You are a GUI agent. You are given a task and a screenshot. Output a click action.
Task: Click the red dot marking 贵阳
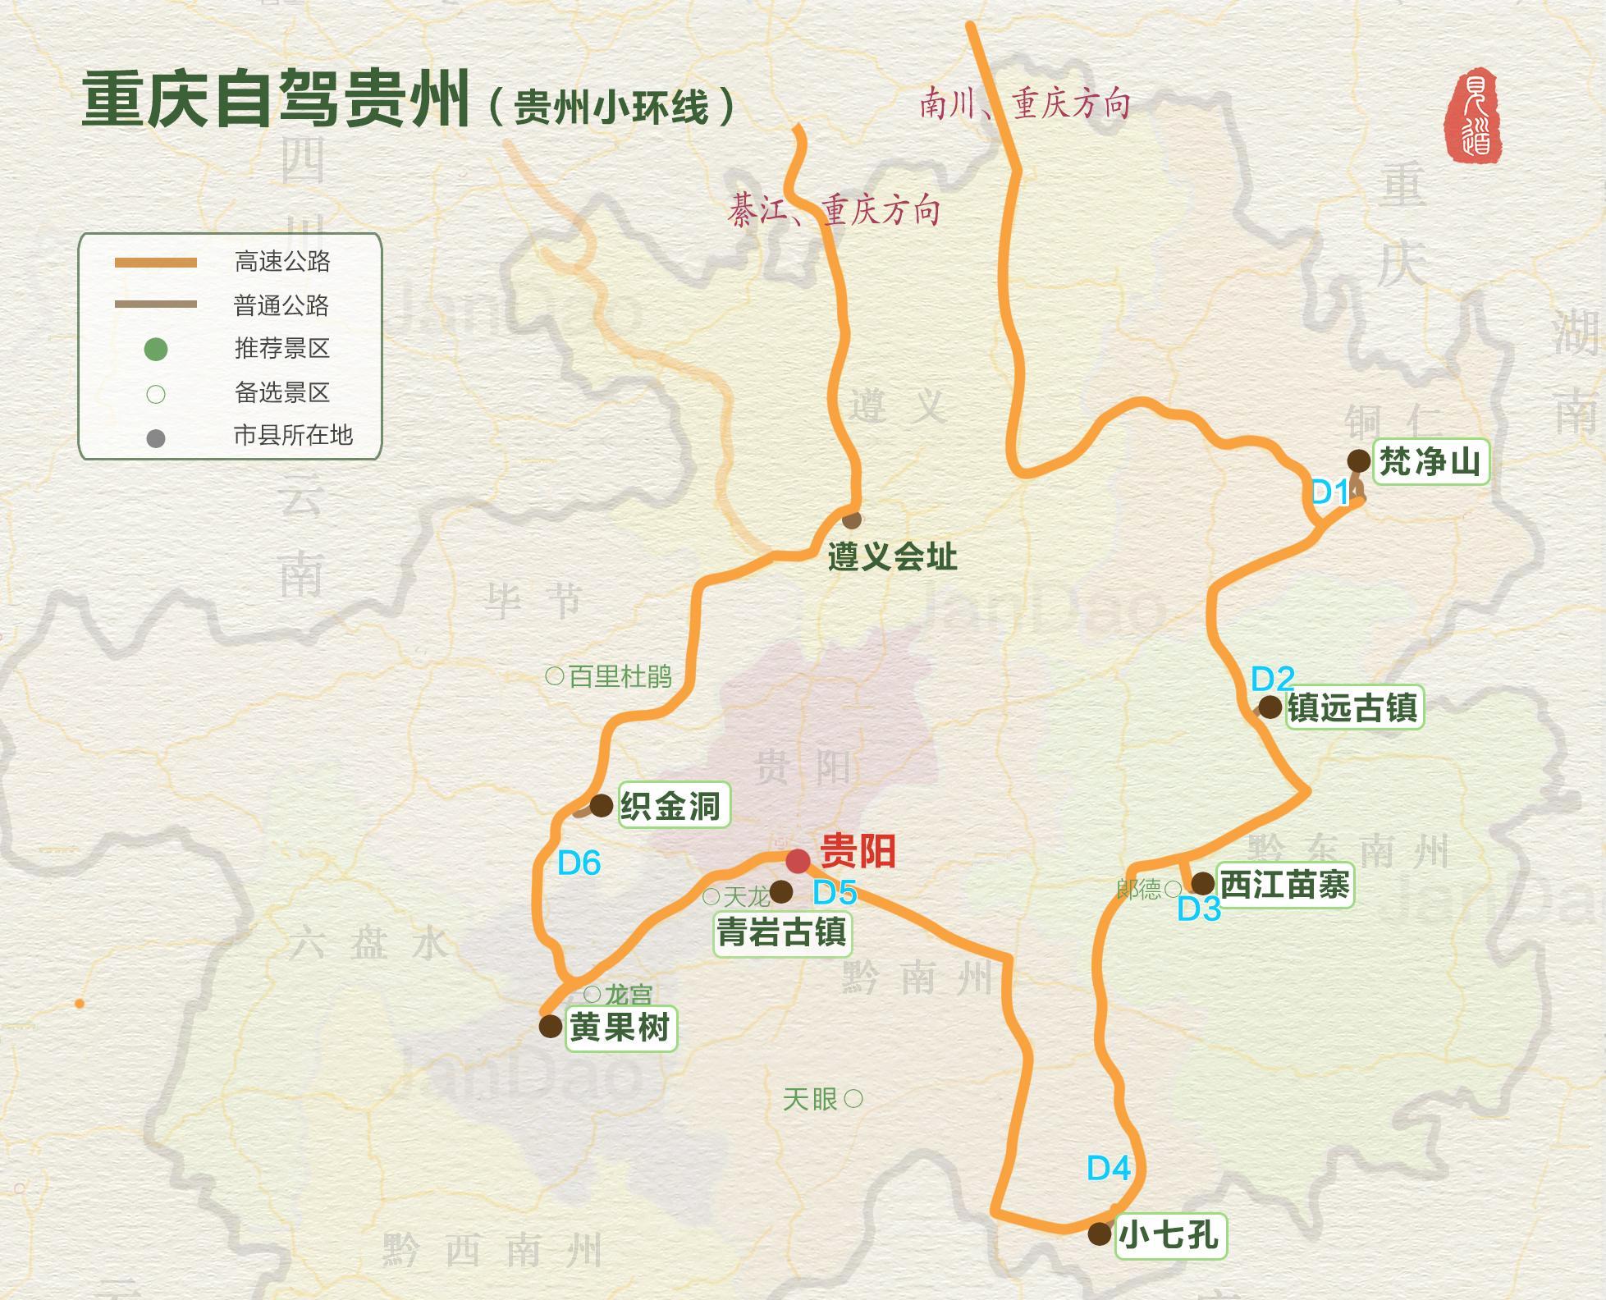click(798, 862)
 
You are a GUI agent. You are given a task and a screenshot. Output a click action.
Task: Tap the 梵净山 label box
click(1430, 462)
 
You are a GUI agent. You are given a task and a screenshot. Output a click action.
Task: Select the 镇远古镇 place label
click(1352, 707)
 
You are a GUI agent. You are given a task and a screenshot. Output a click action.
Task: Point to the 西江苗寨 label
click(1284, 886)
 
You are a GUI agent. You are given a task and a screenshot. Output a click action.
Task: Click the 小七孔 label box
click(1169, 1235)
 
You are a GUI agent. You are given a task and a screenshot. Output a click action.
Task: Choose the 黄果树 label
click(620, 1028)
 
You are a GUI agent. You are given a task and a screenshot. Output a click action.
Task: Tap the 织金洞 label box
click(671, 805)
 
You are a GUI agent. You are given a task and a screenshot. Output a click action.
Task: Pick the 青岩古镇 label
click(782, 932)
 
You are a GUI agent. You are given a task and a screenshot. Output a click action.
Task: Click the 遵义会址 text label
click(892, 557)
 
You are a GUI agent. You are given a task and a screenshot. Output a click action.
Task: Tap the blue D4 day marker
click(1108, 1168)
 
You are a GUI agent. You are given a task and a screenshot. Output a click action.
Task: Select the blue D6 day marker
click(579, 863)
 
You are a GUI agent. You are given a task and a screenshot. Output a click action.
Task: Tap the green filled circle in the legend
click(156, 350)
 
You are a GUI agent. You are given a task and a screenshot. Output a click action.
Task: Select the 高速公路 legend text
click(282, 262)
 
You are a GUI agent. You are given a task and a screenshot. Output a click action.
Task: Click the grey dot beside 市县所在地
click(156, 438)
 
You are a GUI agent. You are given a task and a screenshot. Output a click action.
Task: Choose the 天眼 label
click(809, 1100)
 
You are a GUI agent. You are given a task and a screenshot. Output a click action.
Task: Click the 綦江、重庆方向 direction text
click(833, 212)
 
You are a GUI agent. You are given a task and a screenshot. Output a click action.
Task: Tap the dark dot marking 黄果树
click(550, 1026)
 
